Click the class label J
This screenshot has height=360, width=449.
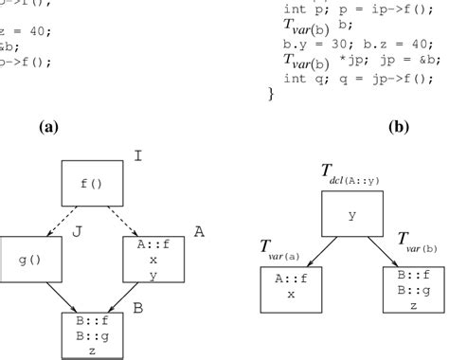[x=66, y=227]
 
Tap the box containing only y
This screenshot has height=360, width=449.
[x=352, y=216]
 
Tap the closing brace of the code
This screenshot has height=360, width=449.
[x=273, y=94]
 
